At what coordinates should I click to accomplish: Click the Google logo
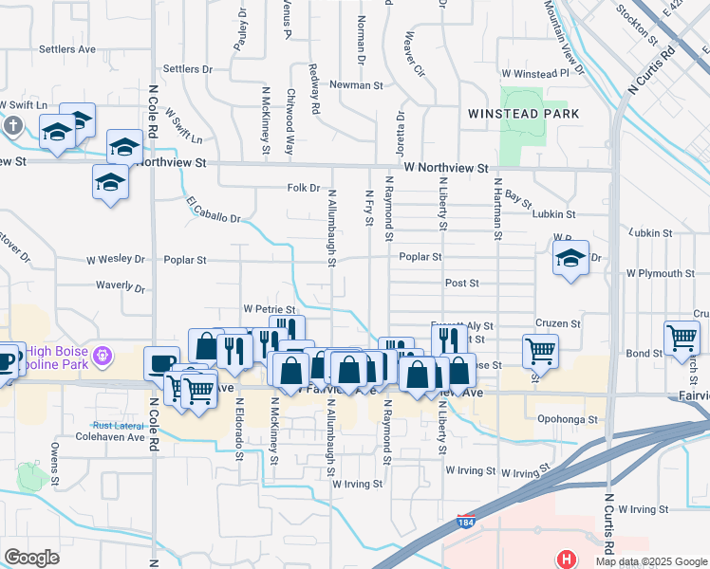[31, 558]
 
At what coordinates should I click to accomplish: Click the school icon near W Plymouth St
[570, 258]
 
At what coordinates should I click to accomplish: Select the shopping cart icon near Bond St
[682, 338]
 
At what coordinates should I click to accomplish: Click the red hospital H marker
[567, 559]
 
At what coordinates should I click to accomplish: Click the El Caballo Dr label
[214, 211]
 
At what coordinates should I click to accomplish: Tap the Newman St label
[356, 85]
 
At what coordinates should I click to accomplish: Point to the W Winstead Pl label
[541, 73]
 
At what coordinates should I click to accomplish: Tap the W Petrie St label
[270, 309]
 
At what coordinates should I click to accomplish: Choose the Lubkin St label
[554, 215]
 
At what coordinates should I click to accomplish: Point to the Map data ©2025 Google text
[649, 560]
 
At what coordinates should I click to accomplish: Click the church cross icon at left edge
[13, 125]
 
